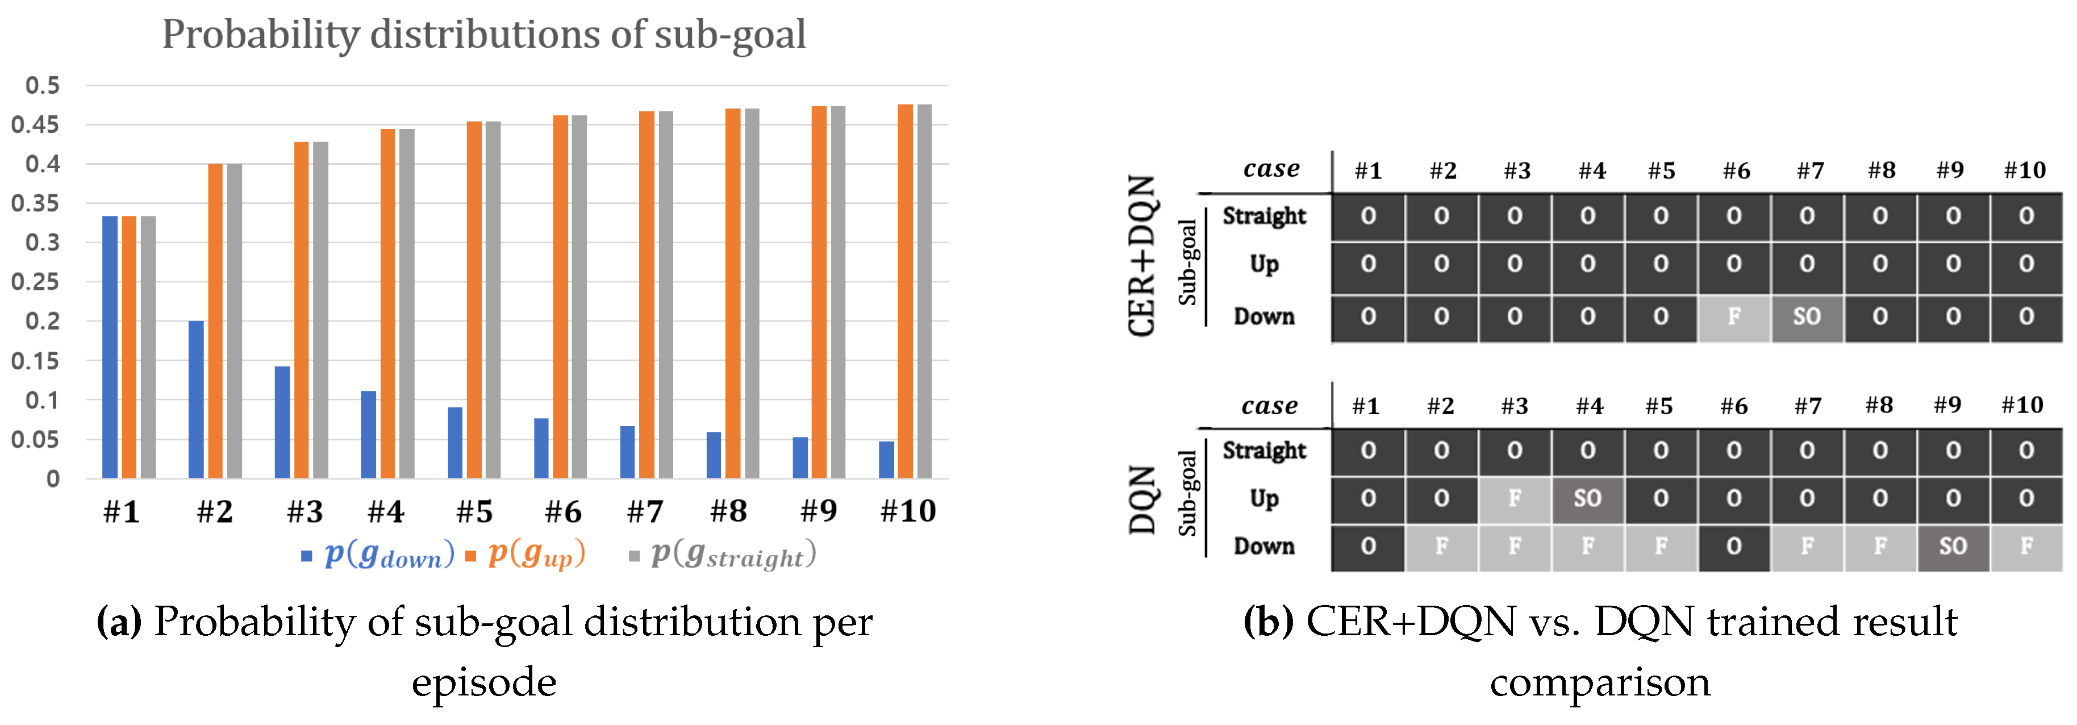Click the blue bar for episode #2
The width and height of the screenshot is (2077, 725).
[196, 399]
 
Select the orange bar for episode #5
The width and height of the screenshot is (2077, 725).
[474, 300]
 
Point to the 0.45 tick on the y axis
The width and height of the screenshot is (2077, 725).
[35, 124]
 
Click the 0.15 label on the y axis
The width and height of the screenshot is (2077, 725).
[35, 360]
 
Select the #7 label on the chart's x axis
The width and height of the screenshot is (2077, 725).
[645, 511]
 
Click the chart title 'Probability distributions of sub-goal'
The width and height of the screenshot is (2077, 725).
[484, 35]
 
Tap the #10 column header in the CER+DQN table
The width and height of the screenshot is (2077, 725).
[2025, 170]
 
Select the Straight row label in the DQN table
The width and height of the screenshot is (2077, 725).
[1263, 450]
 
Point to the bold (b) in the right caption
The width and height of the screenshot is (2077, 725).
[1268, 623]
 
